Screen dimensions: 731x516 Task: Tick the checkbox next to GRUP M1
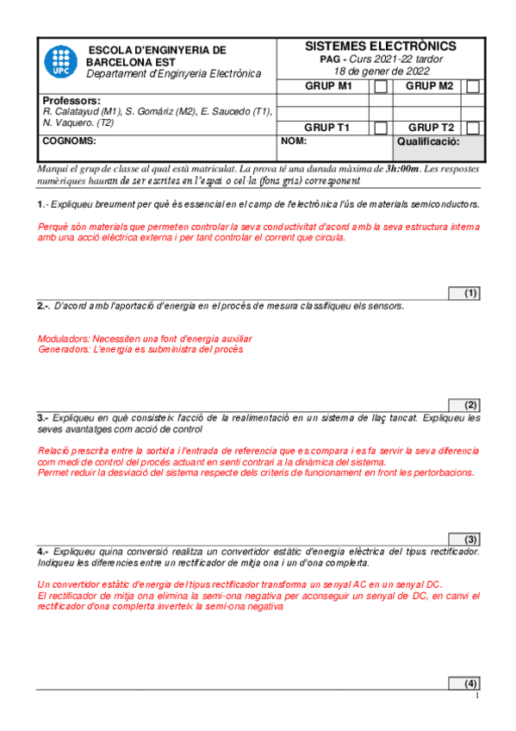381,86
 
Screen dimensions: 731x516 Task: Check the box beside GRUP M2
473,86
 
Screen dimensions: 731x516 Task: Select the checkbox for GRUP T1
381,128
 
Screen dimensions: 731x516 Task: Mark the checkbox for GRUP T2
473,128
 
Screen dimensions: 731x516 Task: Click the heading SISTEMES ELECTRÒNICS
381,46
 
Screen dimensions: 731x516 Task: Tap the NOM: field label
294,141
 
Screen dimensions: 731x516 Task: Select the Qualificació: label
428,141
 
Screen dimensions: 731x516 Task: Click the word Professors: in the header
71,101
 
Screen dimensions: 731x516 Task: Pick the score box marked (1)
464,293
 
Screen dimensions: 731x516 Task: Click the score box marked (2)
464,405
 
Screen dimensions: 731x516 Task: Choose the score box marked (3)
464,537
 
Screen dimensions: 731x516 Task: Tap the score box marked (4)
464,684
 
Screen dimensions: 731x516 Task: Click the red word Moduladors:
66,339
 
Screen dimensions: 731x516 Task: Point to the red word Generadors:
66,350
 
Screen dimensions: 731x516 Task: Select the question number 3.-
43,417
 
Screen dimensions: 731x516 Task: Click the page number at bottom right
476,697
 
